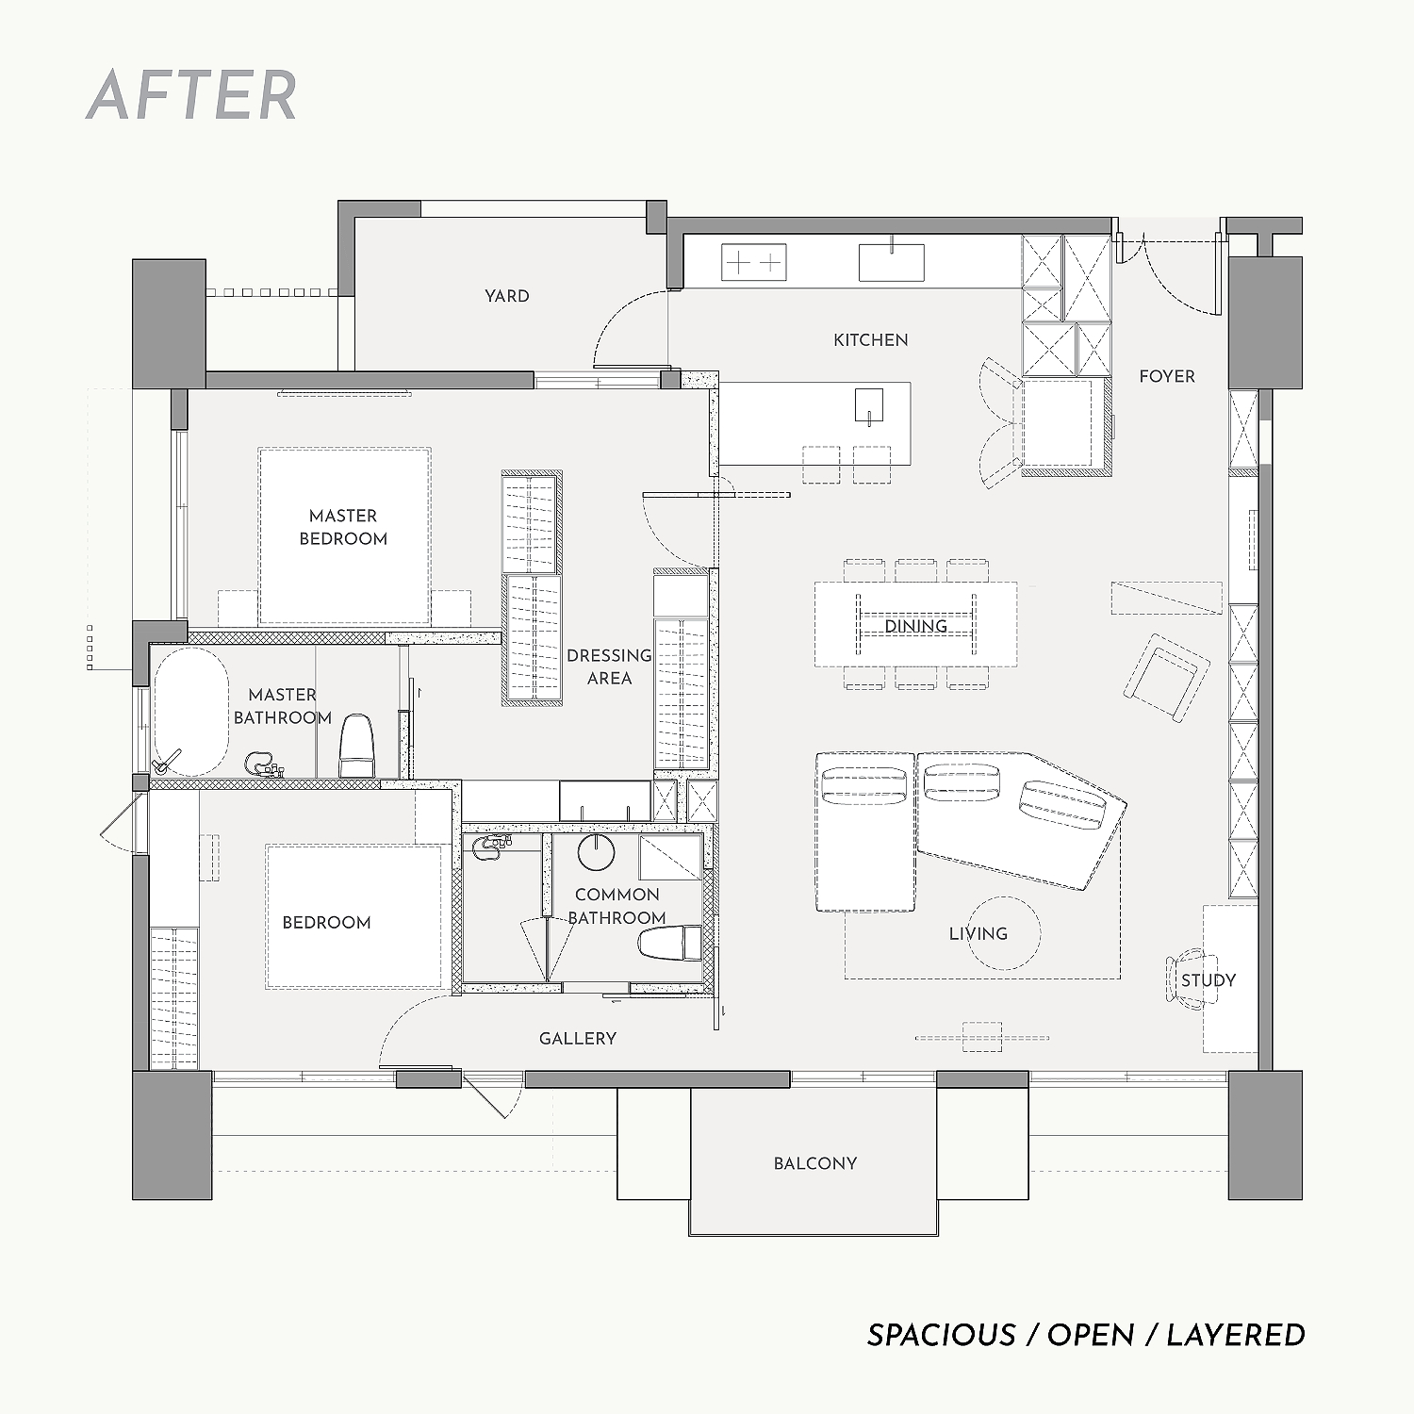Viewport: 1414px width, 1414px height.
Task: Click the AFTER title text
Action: click(191, 95)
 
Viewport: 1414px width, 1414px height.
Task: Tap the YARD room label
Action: click(507, 296)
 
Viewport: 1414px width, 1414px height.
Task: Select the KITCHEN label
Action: click(871, 340)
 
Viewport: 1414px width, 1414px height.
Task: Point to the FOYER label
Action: click(1167, 376)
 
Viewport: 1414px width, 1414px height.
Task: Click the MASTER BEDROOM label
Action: click(343, 527)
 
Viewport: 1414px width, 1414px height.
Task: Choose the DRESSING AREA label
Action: click(609, 666)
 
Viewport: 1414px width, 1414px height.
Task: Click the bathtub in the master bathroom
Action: click(190, 712)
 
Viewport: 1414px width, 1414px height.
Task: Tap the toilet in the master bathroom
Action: click(357, 747)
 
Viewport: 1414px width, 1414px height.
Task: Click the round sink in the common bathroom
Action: click(596, 851)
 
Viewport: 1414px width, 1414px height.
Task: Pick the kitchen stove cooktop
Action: click(754, 262)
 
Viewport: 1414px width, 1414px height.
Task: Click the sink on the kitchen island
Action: click(869, 404)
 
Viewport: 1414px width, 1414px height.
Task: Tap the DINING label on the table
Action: click(916, 626)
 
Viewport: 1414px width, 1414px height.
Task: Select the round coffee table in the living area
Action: click(1005, 933)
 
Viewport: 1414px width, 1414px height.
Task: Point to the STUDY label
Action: click(1208, 980)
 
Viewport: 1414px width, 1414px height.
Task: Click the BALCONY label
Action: click(815, 1164)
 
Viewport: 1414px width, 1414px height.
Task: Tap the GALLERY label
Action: click(578, 1039)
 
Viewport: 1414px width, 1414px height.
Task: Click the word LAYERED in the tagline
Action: click(1236, 1336)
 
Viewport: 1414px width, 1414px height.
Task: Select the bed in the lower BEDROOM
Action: click(354, 916)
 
